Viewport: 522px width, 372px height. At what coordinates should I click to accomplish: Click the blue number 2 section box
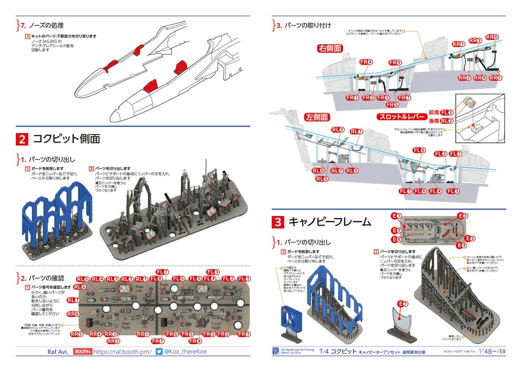pyautogui.click(x=22, y=139)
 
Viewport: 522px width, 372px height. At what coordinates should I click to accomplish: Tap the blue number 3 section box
pyautogui.click(x=278, y=222)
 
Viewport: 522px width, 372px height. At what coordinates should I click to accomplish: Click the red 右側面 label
pyautogui.click(x=330, y=49)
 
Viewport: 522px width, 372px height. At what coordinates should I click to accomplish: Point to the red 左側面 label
pyautogui.click(x=317, y=117)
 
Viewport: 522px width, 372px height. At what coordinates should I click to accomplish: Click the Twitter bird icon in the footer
pyautogui.click(x=159, y=352)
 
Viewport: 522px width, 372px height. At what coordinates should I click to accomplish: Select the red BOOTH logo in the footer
pyautogui.click(x=82, y=352)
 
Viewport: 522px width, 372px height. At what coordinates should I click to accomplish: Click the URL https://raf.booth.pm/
pyautogui.click(x=123, y=352)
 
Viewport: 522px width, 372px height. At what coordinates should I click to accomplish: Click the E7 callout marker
pyautogui.click(x=403, y=304)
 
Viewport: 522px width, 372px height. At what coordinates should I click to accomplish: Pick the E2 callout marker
pyautogui.click(x=462, y=216)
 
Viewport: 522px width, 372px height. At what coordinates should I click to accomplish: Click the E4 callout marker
pyautogui.click(x=461, y=245)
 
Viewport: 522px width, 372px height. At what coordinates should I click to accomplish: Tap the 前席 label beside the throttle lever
pyautogui.click(x=434, y=112)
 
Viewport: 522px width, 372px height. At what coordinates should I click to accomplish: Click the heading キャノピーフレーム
pyautogui.click(x=329, y=222)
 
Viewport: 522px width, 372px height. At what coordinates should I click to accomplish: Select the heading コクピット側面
pyautogui.click(x=66, y=139)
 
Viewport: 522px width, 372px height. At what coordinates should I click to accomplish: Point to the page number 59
pyautogui.click(x=503, y=351)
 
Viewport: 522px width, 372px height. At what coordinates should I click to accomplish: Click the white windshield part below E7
pyautogui.click(x=403, y=321)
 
